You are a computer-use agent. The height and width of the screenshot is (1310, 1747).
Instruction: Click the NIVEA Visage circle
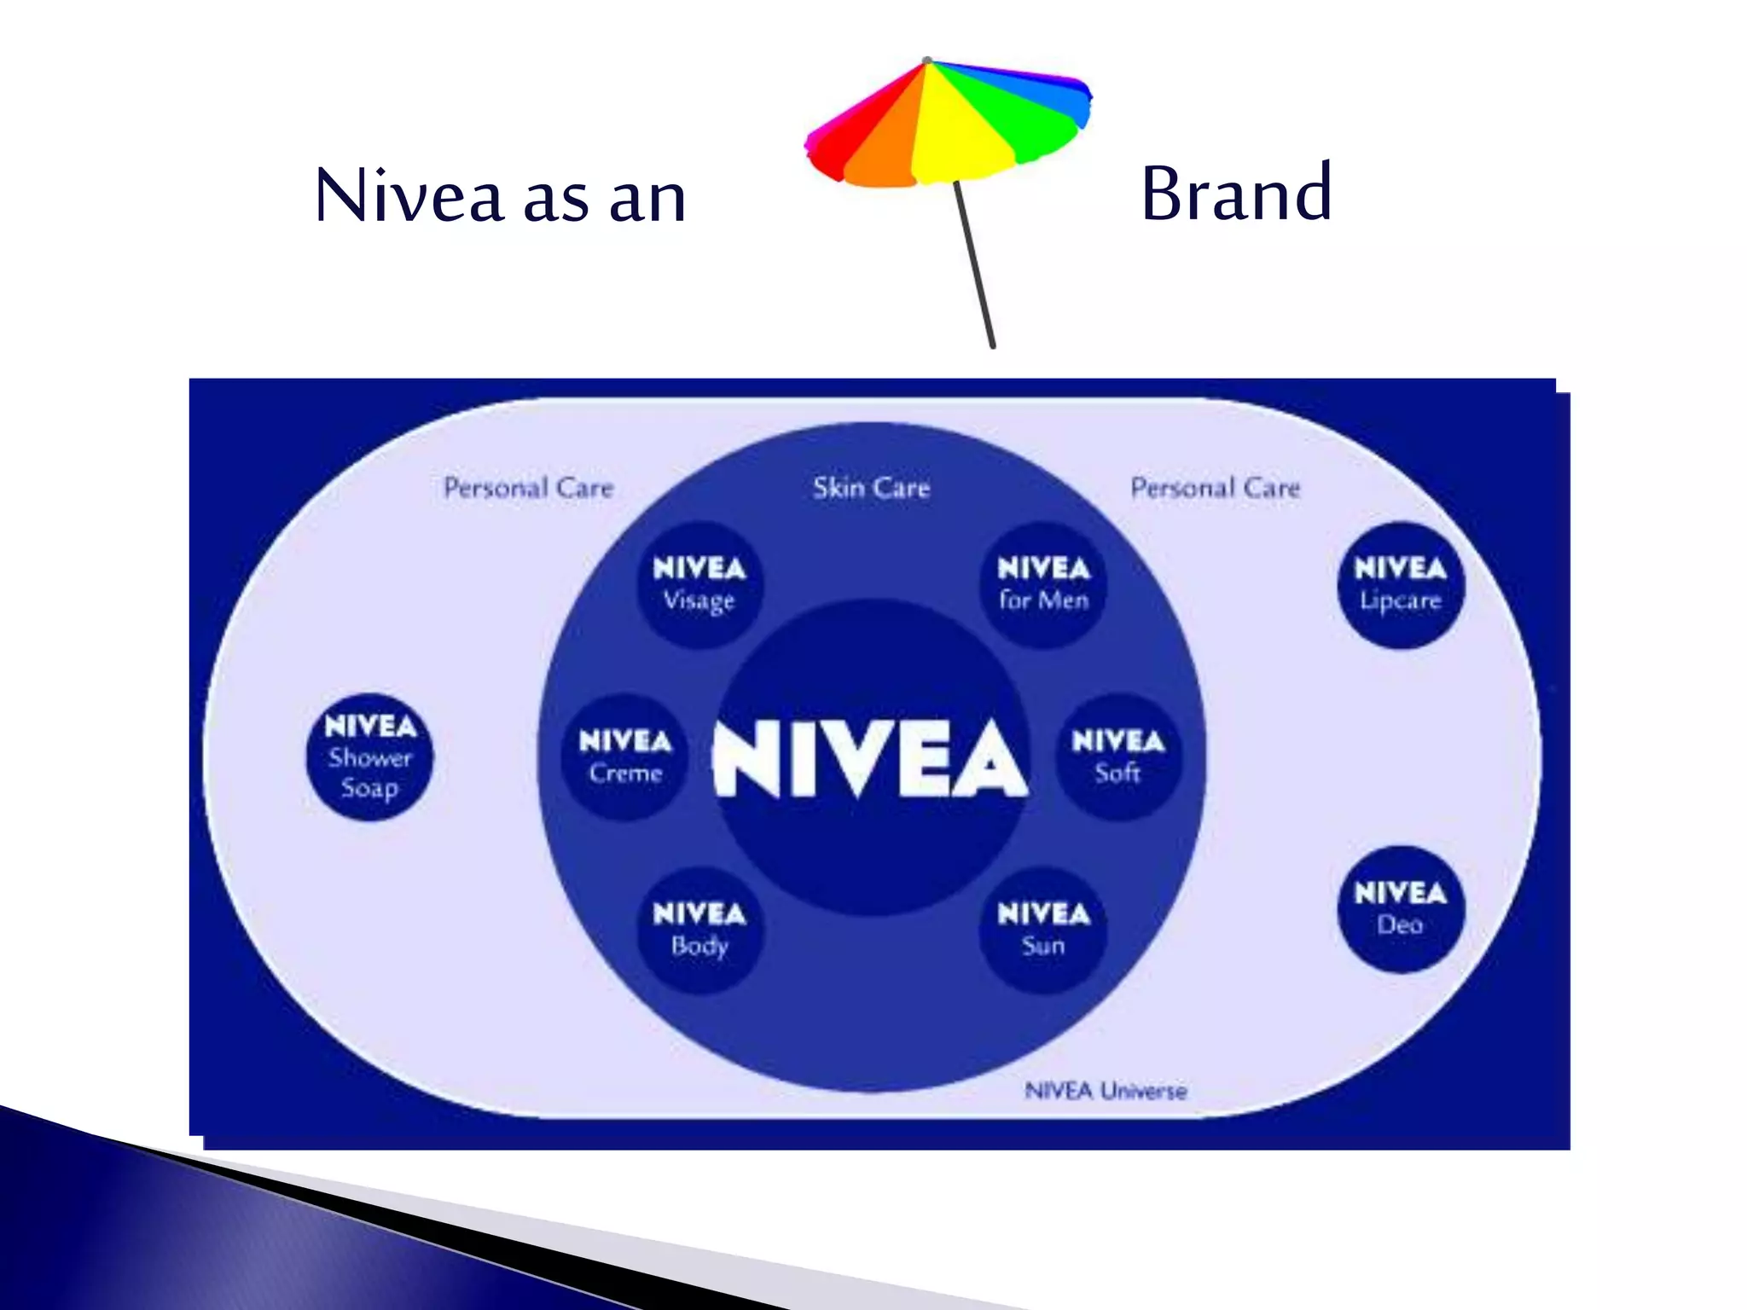[x=699, y=585]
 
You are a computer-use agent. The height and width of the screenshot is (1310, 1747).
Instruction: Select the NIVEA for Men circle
[x=1043, y=585]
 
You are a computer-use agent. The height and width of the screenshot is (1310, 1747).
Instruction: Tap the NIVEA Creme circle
[x=625, y=757]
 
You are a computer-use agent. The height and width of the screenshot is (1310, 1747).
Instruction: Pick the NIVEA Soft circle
[x=1118, y=757]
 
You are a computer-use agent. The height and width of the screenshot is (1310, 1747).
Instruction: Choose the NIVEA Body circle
[x=699, y=930]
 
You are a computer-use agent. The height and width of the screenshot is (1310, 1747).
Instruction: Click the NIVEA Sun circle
[x=1043, y=930]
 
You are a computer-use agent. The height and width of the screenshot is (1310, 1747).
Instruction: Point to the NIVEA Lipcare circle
[x=1400, y=585]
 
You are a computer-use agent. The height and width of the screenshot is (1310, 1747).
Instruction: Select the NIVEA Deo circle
[x=1400, y=909]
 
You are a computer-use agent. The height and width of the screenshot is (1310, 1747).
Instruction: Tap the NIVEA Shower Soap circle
[x=369, y=757]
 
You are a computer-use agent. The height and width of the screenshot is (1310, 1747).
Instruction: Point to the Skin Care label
[x=871, y=488]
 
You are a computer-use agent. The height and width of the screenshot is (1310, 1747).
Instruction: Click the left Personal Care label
[x=529, y=488]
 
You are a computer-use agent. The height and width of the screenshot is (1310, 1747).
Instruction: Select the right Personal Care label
[x=1215, y=488]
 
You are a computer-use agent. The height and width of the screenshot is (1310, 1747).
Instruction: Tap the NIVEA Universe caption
[x=1106, y=1091]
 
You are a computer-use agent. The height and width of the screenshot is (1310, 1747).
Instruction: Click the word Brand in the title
[x=1236, y=194]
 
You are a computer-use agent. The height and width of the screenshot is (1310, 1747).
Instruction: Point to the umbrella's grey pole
[x=974, y=264]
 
